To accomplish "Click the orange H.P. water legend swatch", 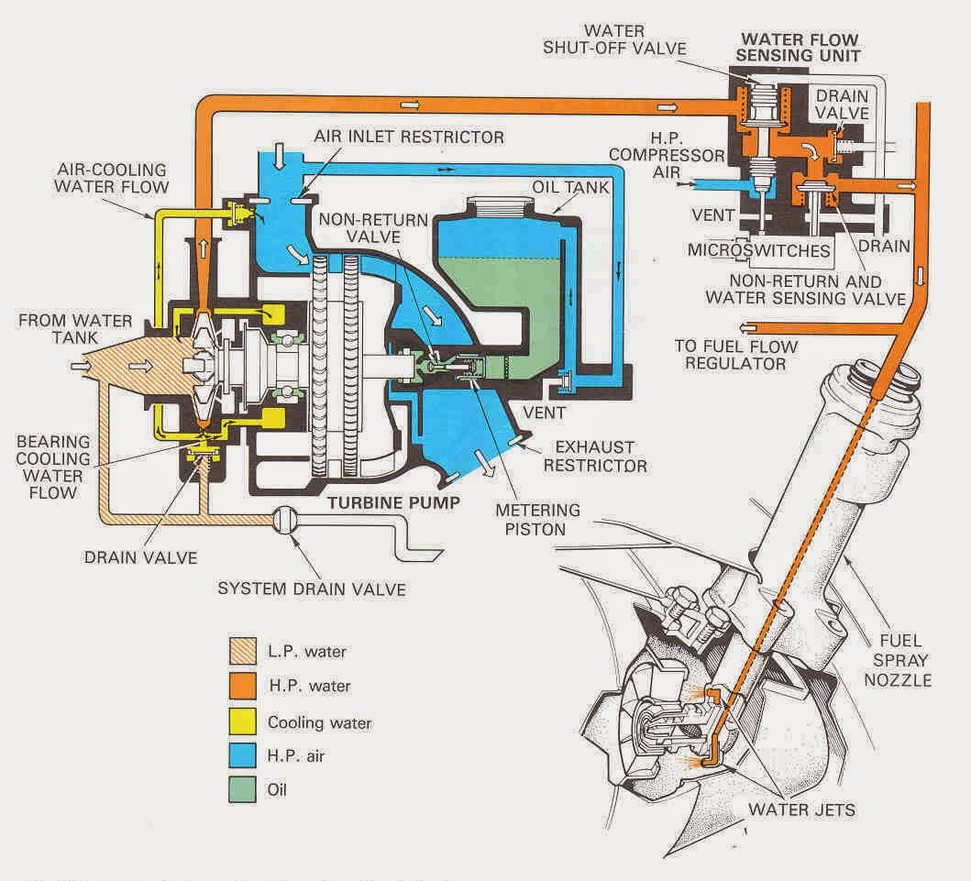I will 241,686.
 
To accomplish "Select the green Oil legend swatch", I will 241,788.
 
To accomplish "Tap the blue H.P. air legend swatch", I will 241,754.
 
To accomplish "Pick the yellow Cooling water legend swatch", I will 241,721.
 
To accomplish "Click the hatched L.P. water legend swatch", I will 241,652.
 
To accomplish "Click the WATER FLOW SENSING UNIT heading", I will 800,47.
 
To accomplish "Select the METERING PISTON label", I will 536,519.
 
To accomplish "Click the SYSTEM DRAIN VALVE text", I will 312,588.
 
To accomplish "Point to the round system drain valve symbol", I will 284,521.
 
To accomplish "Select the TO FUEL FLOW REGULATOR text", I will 736,355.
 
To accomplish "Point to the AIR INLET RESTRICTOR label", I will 409,138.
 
